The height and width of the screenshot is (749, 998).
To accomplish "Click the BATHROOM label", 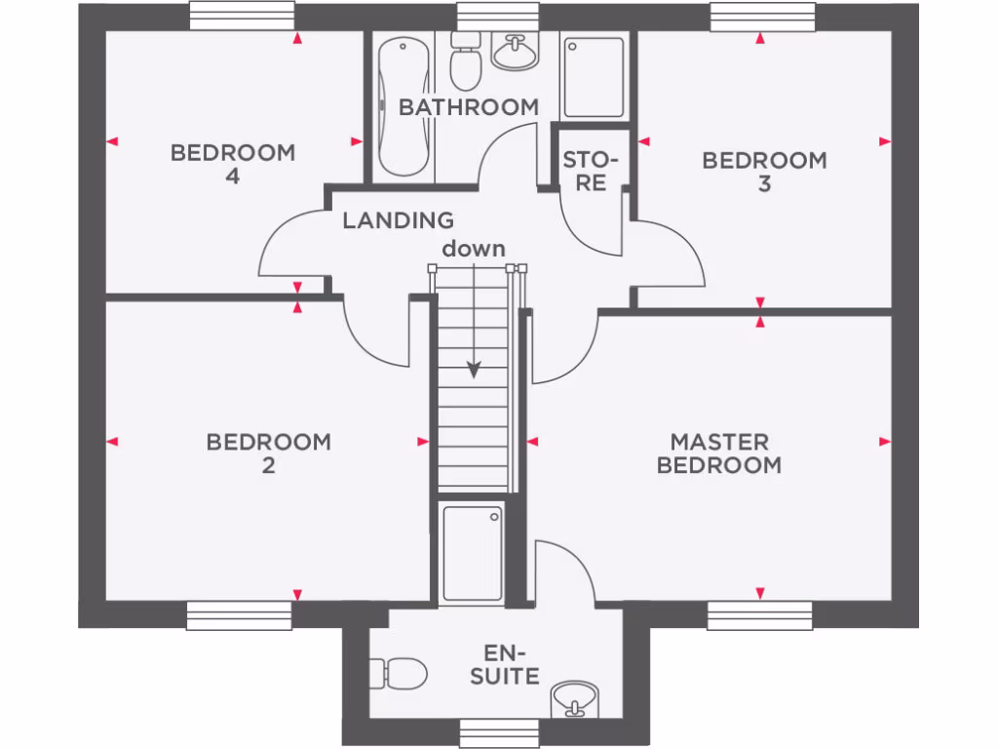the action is click(469, 107).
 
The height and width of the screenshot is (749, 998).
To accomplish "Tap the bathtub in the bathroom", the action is click(403, 105).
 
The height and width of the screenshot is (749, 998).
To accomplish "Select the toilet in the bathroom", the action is click(465, 61).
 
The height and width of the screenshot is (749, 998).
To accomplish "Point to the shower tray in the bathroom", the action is click(594, 77).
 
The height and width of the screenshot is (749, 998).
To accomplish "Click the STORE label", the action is click(591, 172).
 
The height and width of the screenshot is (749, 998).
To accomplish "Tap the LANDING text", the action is click(399, 220).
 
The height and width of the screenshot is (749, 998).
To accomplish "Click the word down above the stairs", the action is click(474, 249).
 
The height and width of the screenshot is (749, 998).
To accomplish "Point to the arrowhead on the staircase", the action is click(474, 370).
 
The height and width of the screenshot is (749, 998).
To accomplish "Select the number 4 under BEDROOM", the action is click(233, 176).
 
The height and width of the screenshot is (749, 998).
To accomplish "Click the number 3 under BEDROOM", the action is click(764, 184).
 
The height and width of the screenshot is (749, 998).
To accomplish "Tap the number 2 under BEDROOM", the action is click(269, 465).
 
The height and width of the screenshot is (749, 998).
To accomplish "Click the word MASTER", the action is click(719, 442).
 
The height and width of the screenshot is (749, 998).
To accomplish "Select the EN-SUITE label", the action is click(505, 664).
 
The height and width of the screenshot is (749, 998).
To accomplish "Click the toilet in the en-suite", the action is click(399, 673).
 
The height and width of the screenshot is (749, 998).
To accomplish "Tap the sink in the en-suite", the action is click(575, 699).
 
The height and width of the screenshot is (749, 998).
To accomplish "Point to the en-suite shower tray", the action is click(473, 553).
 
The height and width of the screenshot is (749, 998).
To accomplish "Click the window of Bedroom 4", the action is click(243, 17).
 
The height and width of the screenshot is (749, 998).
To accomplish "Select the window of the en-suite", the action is click(499, 733).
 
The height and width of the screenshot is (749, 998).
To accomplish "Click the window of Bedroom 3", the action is click(762, 17).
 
